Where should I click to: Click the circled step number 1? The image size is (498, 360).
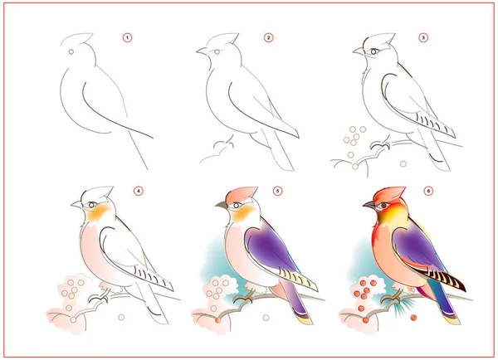pyautogui.click(x=127, y=38)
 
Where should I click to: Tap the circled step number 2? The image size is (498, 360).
pyautogui.click(x=268, y=38)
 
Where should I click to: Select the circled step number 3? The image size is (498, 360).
pyautogui.click(x=423, y=38)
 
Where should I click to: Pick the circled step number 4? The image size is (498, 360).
pyautogui.click(x=138, y=191)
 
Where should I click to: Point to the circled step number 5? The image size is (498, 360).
pyautogui.click(x=277, y=191)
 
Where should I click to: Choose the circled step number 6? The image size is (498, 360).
pyautogui.click(x=428, y=191)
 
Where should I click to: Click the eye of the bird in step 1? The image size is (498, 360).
pyautogui.click(x=71, y=51)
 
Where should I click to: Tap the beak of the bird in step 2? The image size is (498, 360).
pyautogui.click(x=203, y=51)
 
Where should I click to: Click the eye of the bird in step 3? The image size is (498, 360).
pyautogui.click(x=373, y=51)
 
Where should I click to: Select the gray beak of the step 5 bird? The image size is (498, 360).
pyautogui.click(x=222, y=206)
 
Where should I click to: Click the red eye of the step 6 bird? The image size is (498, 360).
pyautogui.click(x=384, y=206)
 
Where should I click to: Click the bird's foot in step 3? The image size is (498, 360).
pyautogui.click(x=380, y=146)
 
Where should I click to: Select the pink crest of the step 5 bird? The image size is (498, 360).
pyautogui.click(x=242, y=194)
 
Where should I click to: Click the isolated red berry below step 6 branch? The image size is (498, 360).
pyautogui.click(x=413, y=318)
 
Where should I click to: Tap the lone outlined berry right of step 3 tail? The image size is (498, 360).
pyautogui.click(x=403, y=164)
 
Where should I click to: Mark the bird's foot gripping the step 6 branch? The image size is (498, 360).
pyautogui.click(x=393, y=299)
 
